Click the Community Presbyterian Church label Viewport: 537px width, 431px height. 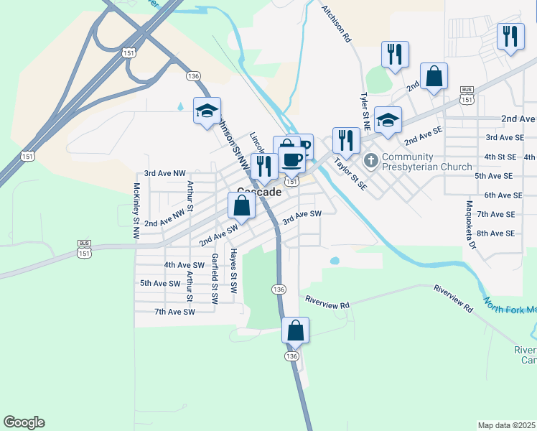(426, 162)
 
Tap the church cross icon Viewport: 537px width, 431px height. (371, 160)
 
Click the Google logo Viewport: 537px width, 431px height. (24, 422)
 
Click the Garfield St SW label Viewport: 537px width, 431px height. (214, 277)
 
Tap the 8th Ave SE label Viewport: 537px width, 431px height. (496, 233)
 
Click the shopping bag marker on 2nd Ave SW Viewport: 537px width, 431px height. (242, 205)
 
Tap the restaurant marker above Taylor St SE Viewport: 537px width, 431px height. (346, 140)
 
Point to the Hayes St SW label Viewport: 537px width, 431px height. (233, 272)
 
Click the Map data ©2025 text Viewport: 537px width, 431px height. (505, 425)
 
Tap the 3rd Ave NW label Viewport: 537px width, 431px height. (164, 173)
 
